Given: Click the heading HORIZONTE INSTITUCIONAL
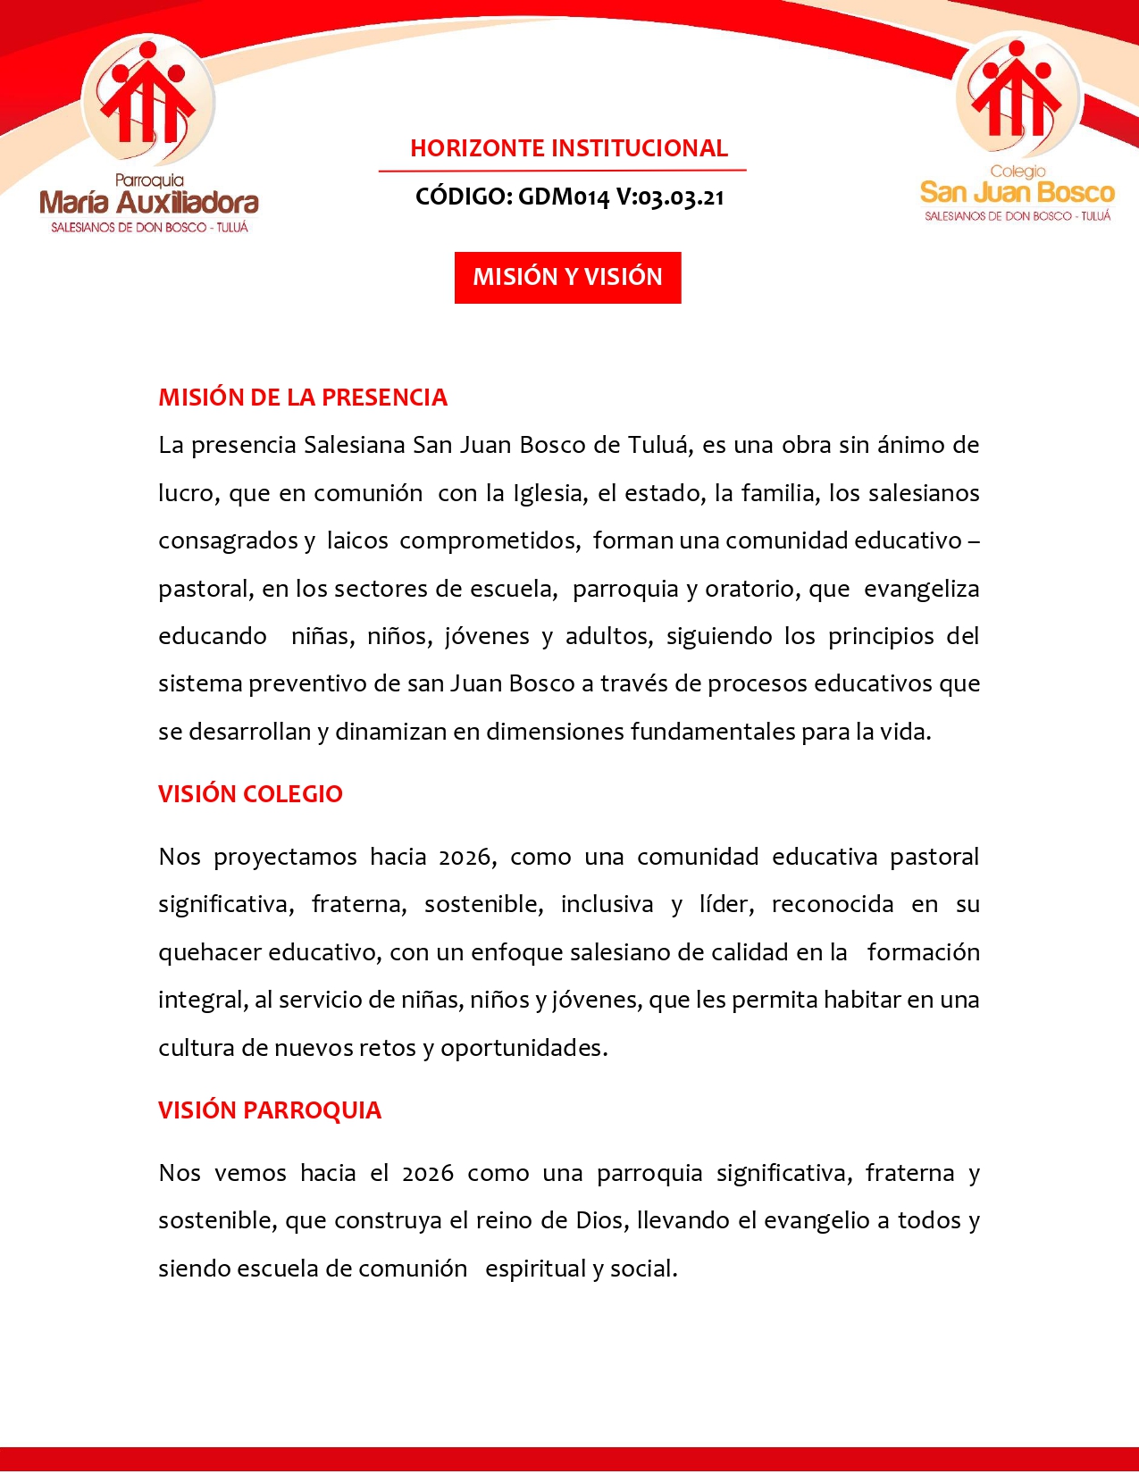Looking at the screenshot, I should [x=569, y=148].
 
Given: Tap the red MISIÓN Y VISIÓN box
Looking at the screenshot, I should [x=567, y=277].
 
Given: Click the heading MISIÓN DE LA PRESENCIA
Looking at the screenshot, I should [x=303, y=398].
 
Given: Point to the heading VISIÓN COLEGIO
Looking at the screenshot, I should [x=250, y=794].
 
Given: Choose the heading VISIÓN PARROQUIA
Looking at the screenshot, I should [x=270, y=1110].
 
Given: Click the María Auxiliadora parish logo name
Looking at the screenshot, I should [x=149, y=203].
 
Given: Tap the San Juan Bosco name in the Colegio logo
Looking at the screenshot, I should [x=1018, y=193].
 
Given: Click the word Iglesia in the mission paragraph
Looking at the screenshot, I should [x=549, y=493].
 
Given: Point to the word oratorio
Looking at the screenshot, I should [x=751, y=589].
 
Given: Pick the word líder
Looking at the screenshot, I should [x=725, y=905].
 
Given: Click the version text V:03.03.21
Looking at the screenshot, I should [x=670, y=197].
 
